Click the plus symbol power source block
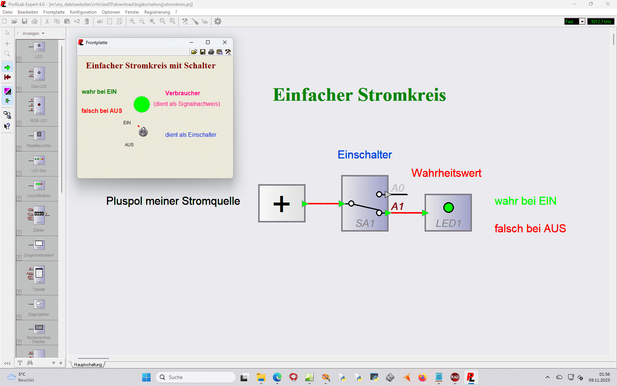tap(282, 204)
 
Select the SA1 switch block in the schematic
tap(364, 203)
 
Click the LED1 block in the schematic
tap(448, 212)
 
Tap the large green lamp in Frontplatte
tap(141, 104)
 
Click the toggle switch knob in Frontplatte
tap(143, 132)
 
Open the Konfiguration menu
tap(83, 12)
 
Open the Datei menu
tap(7, 12)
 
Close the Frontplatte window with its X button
tap(225, 42)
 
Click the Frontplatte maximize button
tap(208, 42)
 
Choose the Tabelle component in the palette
tap(39, 278)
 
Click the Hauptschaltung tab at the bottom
tap(88, 365)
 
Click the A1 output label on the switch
tap(397, 207)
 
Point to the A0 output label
tap(398, 188)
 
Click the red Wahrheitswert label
tap(446, 173)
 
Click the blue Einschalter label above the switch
tap(365, 155)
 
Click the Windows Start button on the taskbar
tap(146, 377)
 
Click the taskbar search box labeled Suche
tap(197, 377)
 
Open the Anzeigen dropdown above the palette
tap(33, 33)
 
